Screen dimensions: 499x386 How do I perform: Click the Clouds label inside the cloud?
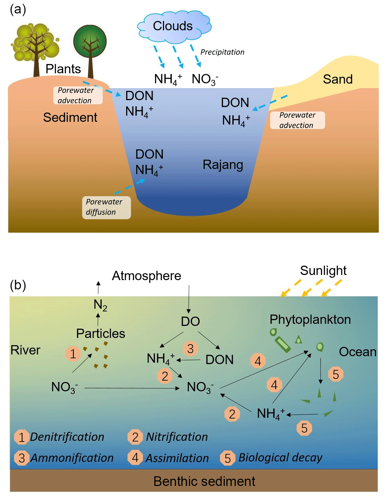(173, 26)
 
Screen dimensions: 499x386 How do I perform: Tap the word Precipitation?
(222, 52)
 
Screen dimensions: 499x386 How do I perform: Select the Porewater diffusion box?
(106, 207)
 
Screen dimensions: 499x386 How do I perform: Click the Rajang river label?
(223, 165)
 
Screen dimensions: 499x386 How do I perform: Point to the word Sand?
(338, 79)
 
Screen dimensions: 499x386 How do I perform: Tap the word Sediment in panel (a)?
(70, 118)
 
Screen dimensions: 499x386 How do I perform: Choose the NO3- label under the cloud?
(205, 79)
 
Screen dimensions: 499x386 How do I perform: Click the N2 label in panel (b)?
(100, 305)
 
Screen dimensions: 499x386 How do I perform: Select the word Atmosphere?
(146, 276)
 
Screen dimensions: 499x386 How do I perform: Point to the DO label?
(190, 321)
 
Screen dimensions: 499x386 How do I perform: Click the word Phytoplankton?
(310, 320)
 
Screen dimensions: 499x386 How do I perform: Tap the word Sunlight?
(323, 271)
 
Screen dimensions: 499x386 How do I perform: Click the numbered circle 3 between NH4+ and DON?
(190, 348)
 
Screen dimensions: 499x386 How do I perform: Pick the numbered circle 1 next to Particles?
(73, 353)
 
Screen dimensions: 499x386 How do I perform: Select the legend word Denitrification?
(67, 437)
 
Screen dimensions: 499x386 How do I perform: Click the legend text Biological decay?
(280, 458)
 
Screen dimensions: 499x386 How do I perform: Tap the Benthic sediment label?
(204, 481)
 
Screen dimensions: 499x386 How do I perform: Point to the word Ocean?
(357, 352)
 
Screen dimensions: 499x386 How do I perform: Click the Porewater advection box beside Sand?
(297, 120)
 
